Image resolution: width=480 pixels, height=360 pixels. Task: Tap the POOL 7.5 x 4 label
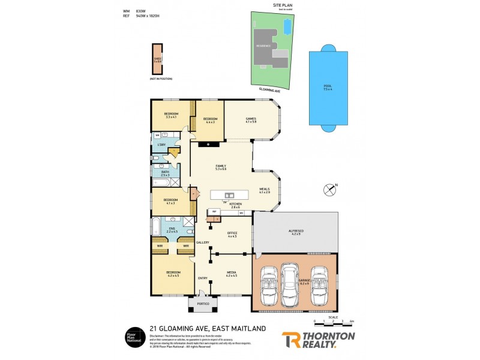(x=328, y=87)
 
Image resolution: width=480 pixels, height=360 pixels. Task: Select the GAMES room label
(x=251, y=120)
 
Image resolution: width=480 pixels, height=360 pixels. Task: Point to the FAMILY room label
(x=220, y=167)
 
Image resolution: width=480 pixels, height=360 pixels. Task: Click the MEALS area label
(x=265, y=190)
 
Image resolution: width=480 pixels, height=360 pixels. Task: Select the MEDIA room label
(x=231, y=274)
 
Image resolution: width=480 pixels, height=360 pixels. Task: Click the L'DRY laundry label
(x=161, y=145)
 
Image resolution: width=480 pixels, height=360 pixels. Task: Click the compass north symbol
(x=330, y=190)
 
